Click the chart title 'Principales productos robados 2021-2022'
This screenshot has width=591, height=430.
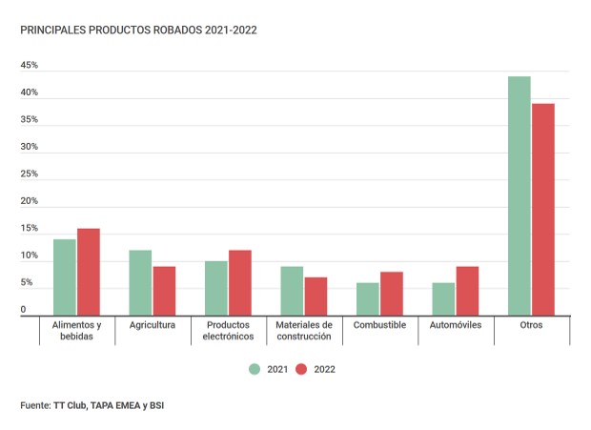click(x=138, y=30)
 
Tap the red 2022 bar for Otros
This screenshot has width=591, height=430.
click(x=543, y=209)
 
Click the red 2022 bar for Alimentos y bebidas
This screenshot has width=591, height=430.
click(x=89, y=272)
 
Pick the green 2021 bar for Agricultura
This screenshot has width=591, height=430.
click(x=140, y=282)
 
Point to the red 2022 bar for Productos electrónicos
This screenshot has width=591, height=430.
click(x=240, y=282)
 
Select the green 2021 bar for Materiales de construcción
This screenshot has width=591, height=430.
click(x=292, y=291)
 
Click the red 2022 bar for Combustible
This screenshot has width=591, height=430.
click(x=392, y=294)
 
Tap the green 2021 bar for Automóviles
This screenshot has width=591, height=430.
click(x=443, y=298)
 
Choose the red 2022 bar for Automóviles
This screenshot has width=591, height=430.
click(x=468, y=291)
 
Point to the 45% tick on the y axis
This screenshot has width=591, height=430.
click(x=29, y=66)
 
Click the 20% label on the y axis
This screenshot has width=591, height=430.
click(x=29, y=202)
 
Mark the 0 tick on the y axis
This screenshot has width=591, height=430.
click(x=23, y=310)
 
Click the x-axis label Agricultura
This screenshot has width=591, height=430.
click(x=152, y=325)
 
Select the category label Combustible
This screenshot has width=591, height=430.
click(x=379, y=325)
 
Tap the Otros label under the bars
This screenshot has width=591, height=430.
click(x=531, y=325)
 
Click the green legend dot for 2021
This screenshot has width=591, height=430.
click(x=255, y=369)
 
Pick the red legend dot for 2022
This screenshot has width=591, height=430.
click(x=301, y=369)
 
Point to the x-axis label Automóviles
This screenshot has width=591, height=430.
click(x=456, y=325)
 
